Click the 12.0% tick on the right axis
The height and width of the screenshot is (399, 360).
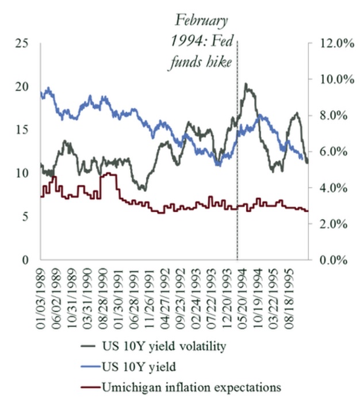coord(331,43)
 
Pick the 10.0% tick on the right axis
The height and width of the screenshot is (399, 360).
coord(331,79)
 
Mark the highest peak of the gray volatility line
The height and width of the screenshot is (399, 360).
coord(246,84)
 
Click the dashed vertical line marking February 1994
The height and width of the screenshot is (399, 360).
coord(238,173)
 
